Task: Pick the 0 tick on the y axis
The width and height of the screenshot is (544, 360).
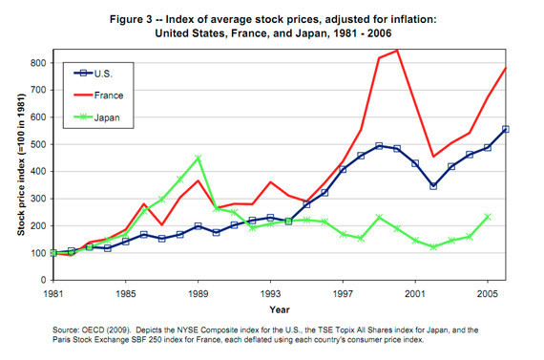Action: [40, 281]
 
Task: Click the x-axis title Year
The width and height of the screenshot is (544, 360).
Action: [280, 309]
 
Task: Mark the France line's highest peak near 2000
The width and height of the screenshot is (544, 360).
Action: [396, 50]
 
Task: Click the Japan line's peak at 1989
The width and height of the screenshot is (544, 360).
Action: [198, 158]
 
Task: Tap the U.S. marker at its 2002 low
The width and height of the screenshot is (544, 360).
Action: [432, 185]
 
